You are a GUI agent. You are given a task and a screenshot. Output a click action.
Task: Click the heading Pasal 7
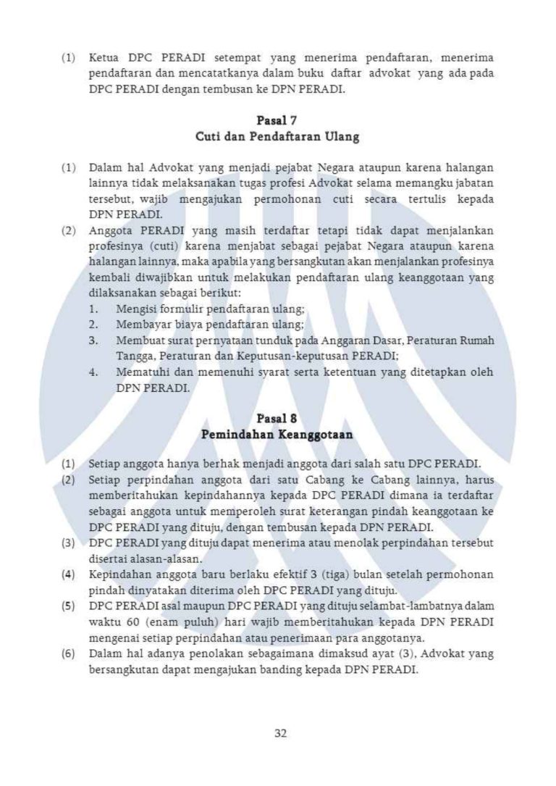click(x=277, y=120)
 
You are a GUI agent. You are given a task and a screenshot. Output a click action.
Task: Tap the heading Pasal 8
click(x=277, y=419)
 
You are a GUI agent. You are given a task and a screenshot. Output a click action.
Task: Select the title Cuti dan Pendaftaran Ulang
click(x=277, y=136)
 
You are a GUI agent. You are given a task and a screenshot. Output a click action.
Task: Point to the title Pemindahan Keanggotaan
click(x=277, y=435)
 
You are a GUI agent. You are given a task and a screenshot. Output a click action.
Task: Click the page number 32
click(x=281, y=733)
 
